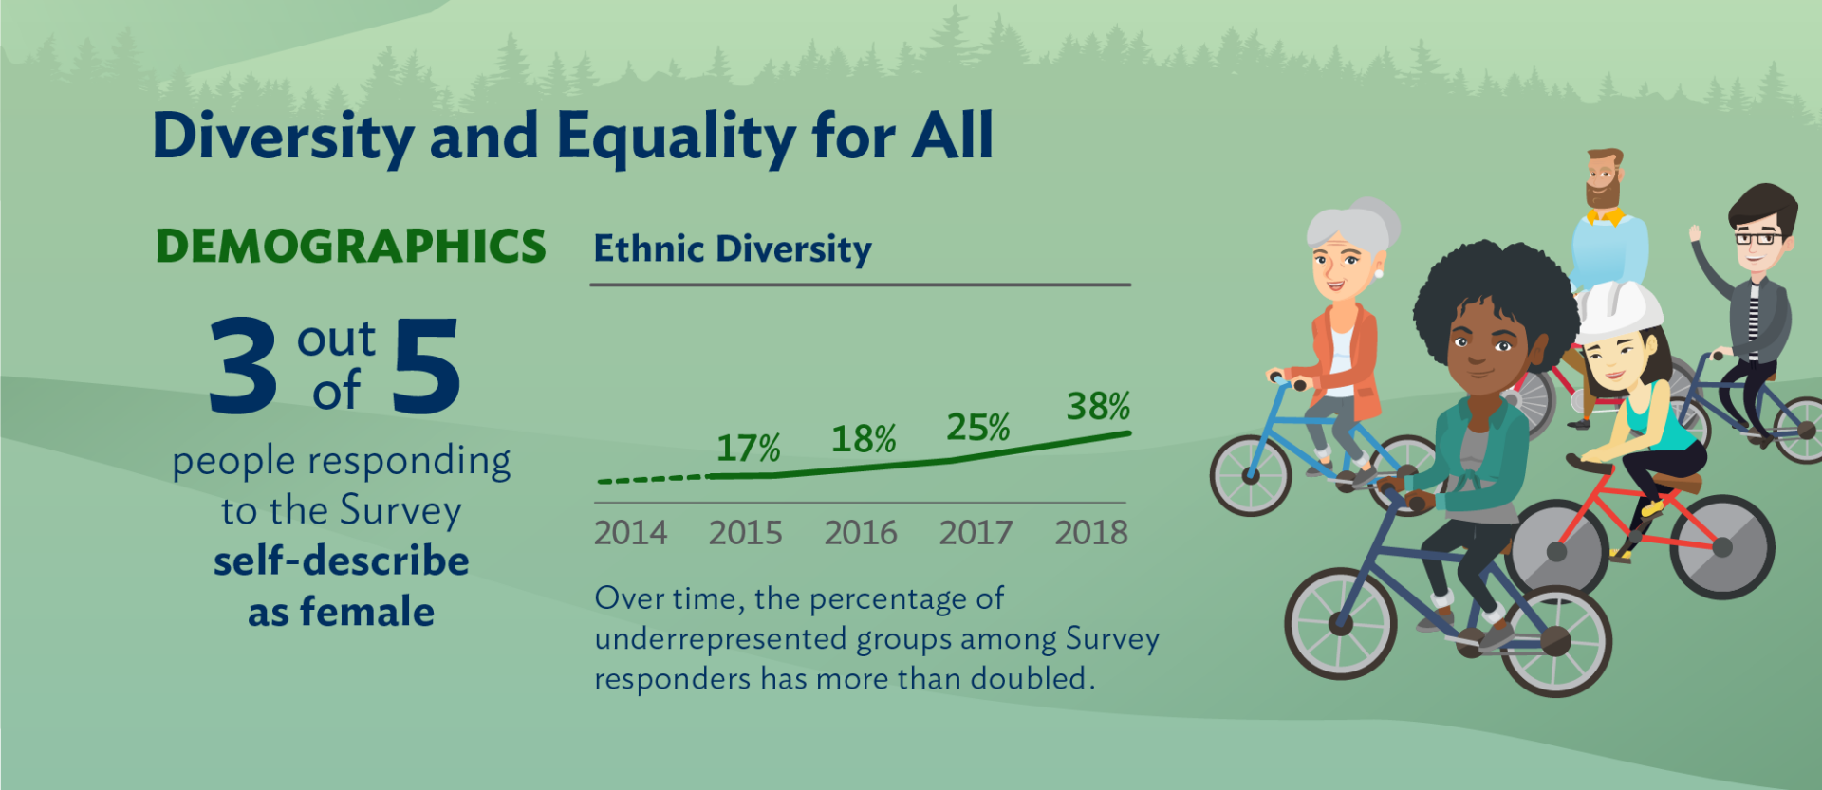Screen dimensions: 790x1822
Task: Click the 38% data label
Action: click(1098, 407)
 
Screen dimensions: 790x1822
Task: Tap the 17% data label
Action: click(748, 448)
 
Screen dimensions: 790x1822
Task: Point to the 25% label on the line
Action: click(977, 428)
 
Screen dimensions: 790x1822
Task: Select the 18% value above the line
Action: click(864, 439)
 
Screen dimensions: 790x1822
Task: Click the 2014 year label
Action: click(630, 533)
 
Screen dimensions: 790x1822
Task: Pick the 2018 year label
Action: click(1091, 533)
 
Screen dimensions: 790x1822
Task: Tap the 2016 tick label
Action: click(861, 533)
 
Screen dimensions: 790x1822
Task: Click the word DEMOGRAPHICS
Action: click(350, 247)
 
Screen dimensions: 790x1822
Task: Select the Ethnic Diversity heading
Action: click(732, 249)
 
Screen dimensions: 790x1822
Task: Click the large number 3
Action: click(243, 367)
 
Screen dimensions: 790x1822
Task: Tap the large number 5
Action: click(426, 367)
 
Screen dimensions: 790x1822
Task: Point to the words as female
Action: click(341, 612)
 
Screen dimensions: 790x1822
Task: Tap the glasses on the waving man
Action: click(1758, 237)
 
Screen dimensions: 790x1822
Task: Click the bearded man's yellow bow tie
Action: click(1605, 216)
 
